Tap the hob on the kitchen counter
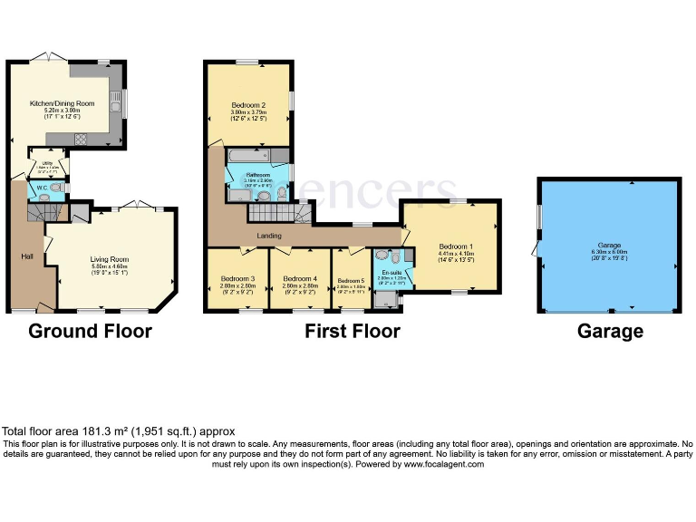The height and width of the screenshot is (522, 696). click(80, 140)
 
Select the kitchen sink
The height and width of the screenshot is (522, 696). click(115, 105)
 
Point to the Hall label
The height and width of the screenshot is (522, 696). click(27, 256)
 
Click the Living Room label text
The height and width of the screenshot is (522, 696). click(109, 260)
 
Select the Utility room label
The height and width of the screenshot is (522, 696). click(46, 164)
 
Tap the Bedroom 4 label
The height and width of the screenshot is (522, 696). click(300, 278)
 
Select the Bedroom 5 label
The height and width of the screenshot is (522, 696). click(350, 280)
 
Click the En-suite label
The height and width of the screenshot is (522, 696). click(392, 272)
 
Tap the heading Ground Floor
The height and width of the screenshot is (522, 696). click(90, 331)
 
